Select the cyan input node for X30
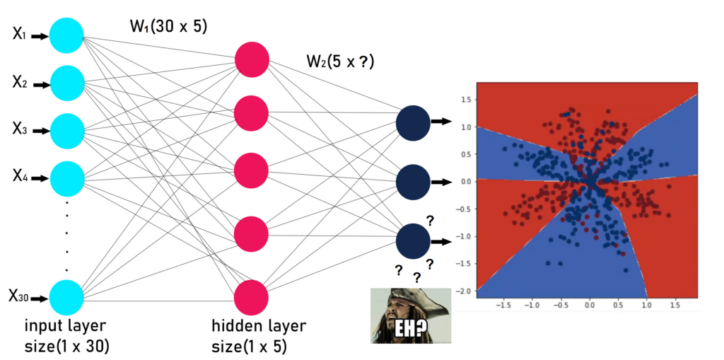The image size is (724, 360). (x=67, y=297)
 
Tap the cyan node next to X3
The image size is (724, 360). (x=67, y=131)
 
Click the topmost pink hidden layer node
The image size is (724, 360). (x=252, y=59)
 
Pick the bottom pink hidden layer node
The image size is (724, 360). (x=252, y=297)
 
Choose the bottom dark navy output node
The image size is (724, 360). (x=414, y=241)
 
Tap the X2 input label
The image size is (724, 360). (x=20, y=83)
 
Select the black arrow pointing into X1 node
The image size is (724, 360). (x=40, y=35)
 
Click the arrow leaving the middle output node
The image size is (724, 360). (x=441, y=182)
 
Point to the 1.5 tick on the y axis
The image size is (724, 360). (x=467, y=100)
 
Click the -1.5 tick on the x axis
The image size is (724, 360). (x=503, y=306)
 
